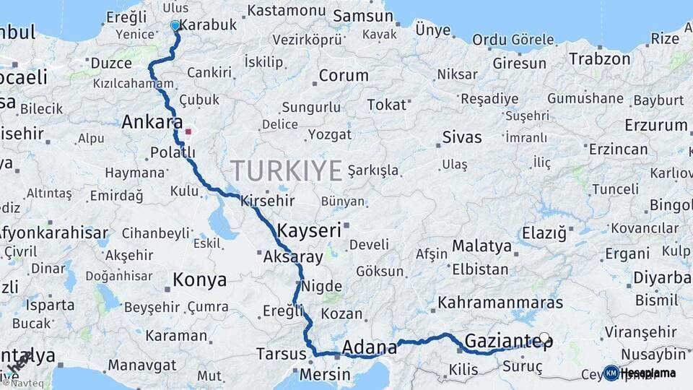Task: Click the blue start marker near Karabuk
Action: click(175, 25)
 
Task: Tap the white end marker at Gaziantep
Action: click(544, 337)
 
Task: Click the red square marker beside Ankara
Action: click(188, 131)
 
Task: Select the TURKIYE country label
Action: click(287, 171)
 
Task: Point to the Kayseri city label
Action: click(309, 231)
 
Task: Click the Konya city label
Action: click(199, 279)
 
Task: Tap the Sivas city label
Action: click(461, 136)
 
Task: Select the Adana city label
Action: click(370, 347)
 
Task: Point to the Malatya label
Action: click(481, 246)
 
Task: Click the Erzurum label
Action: click(655, 125)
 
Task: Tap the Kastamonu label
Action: click(287, 10)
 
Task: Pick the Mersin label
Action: click(325, 375)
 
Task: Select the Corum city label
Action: click(343, 76)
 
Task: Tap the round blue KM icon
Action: click(611, 373)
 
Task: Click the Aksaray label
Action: click(293, 257)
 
